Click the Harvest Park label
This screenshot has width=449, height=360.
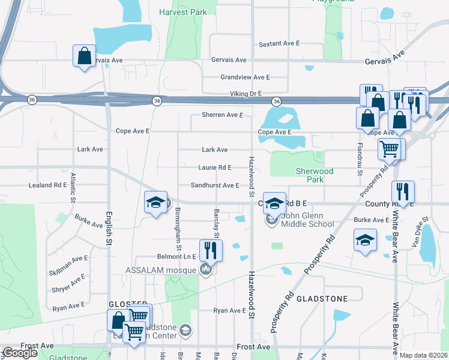coord(182,12)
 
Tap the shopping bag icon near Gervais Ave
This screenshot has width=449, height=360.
coord(84,56)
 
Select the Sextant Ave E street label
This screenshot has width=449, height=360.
coord(279,44)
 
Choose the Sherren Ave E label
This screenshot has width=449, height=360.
coord(222,115)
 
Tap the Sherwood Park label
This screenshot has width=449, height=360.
coord(315,175)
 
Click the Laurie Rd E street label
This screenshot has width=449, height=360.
coord(215,167)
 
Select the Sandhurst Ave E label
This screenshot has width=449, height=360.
coord(215,185)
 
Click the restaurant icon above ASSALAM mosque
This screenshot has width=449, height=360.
coord(211,249)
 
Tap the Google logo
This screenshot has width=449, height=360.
coord(20,353)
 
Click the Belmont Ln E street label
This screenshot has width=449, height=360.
coord(178,256)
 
